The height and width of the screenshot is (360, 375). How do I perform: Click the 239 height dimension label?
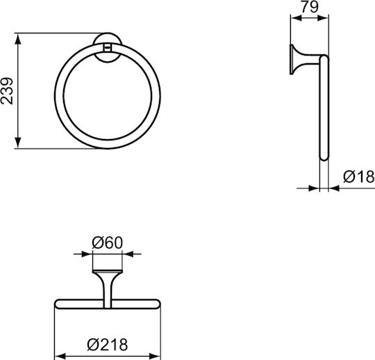coord(7,91)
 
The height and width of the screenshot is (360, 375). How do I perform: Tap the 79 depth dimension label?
coord(310,7)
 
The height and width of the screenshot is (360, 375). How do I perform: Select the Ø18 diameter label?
coord(359,177)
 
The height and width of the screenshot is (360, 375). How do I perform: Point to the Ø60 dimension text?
coord(108,243)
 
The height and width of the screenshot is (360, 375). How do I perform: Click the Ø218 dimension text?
coord(108,345)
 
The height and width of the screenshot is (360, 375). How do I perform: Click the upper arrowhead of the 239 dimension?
coord(17,39)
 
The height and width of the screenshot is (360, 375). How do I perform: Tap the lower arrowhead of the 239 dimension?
coord(17,142)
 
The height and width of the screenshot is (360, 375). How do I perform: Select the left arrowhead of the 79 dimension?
coord(297,18)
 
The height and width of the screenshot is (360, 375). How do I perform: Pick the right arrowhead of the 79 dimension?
coord(323,18)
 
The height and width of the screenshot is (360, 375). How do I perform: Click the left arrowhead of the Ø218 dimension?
coord(60,356)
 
